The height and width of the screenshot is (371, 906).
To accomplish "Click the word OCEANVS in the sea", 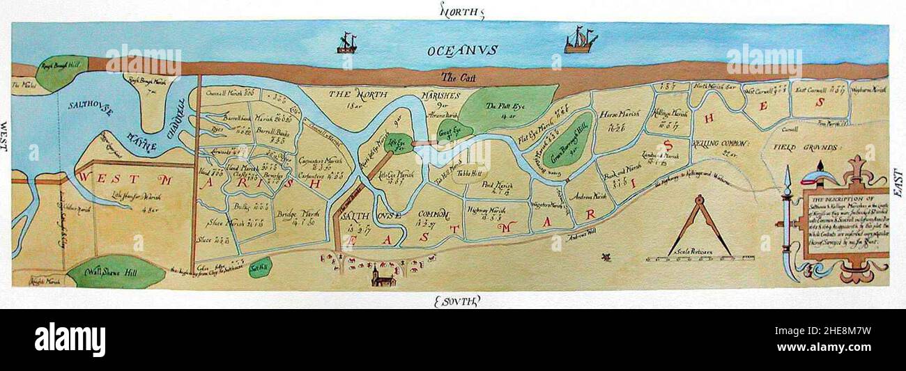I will pyautogui.click(x=463, y=50).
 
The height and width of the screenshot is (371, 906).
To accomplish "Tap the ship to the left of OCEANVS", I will pyautogui.click(x=346, y=43).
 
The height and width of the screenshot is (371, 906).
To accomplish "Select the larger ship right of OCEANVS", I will pyautogui.click(x=580, y=41).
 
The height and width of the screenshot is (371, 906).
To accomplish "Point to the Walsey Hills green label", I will pyautogui.click(x=114, y=273).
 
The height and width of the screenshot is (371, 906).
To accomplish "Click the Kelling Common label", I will pyautogui.click(x=721, y=143).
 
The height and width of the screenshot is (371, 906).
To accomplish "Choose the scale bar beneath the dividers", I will pyautogui.click(x=698, y=259).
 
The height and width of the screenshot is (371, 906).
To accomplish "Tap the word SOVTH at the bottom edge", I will pyautogui.click(x=456, y=301).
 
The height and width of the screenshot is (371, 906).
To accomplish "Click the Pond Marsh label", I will pyautogui.click(x=498, y=186).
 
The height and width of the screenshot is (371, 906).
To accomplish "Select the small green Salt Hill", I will pyautogui.click(x=260, y=267).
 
